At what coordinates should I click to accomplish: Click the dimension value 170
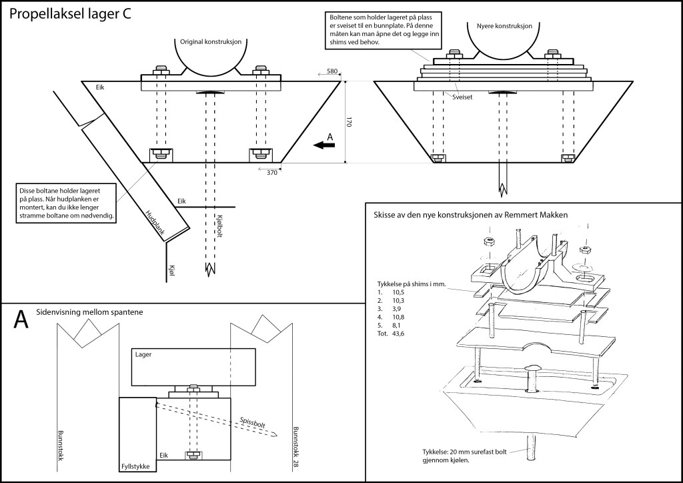point(349,122)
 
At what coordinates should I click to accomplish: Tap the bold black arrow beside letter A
point(324,144)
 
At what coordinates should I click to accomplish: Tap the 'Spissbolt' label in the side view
point(253,423)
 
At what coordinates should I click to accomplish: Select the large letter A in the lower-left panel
point(21,319)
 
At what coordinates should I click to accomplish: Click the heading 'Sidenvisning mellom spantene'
point(90,312)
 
